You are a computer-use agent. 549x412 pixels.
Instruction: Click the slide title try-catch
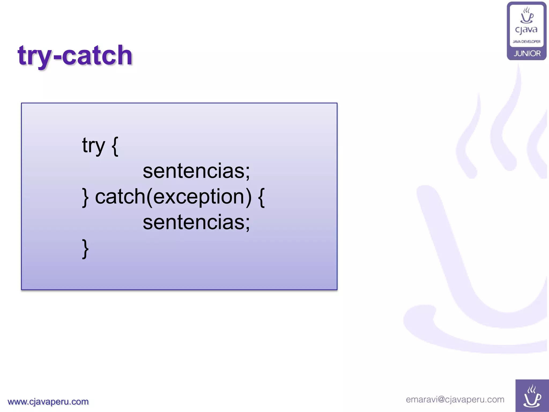point(75,56)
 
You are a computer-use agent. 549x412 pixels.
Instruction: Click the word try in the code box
point(93,146)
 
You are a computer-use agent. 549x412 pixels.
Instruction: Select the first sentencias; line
point(196,171)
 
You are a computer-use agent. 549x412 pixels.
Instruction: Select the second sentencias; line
point(196,222)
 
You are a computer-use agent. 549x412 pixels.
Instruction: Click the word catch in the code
point(120,197)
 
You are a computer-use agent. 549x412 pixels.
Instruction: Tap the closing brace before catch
point(85,197)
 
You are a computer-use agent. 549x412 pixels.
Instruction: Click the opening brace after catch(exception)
point(261,197)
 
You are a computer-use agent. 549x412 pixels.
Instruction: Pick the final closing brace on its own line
point(85,249)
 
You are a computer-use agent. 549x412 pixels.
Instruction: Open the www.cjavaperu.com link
point(48,402)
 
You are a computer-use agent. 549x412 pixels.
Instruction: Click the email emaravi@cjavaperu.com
point(455,399)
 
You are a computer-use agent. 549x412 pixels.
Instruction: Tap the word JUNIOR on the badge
point(527,54)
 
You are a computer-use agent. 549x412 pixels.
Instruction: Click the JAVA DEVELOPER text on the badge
point(526,42)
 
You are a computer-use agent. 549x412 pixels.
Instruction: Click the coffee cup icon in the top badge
point(527,16)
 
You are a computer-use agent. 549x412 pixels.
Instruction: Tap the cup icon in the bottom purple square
point(532,396)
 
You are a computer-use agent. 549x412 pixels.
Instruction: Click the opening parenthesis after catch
point(149,197)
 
